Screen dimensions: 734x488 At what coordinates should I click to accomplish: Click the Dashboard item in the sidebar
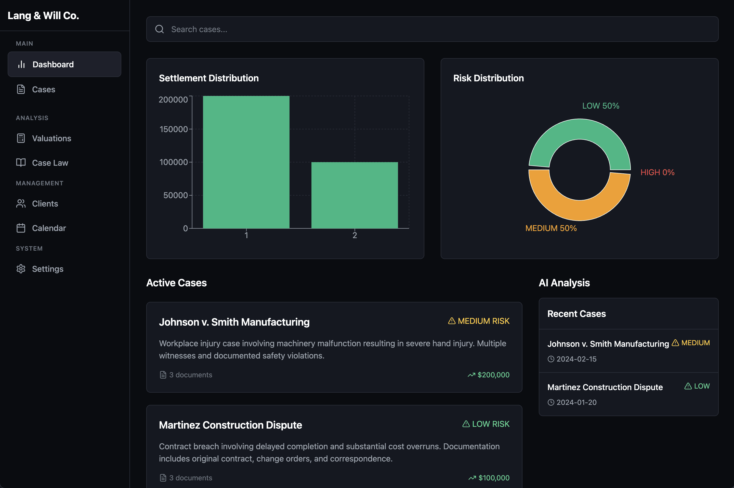pyautogui.click(x=64, y=65)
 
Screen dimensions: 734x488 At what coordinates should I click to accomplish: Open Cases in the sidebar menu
pyautogui.click(x=44, y=89)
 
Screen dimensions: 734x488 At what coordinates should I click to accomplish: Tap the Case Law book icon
pyautogui.click(x=21, y=162)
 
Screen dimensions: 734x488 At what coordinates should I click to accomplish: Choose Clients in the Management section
pyautogui.click(x=45, y=203)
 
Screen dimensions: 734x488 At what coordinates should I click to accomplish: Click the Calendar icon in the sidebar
pyautogui.click(x=21, y=228)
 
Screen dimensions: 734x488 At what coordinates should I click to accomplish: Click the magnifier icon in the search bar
pyautogui.click(x=160, y=29)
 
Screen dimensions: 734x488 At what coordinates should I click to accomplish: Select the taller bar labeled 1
pyautogui.click(x=246, y=162)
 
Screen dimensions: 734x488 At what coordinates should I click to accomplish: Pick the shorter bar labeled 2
pyautogui.click(x=355, y=195)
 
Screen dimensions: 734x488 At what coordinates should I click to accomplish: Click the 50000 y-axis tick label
pyautogui.click(x=176, y=195)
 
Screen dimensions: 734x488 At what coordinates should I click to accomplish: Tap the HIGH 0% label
pyautogui.click(x=658, y=172)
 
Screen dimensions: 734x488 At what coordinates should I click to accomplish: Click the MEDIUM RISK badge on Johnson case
pyautogui.click(x=479, y=321)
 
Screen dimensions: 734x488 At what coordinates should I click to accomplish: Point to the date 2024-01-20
pyautogui.click(x=576, y=402)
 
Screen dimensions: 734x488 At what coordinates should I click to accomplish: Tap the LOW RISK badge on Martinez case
pyautogui.click(x=486, y=424)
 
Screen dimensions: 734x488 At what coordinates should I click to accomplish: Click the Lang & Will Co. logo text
pyautogui.click(x=43, y=16)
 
